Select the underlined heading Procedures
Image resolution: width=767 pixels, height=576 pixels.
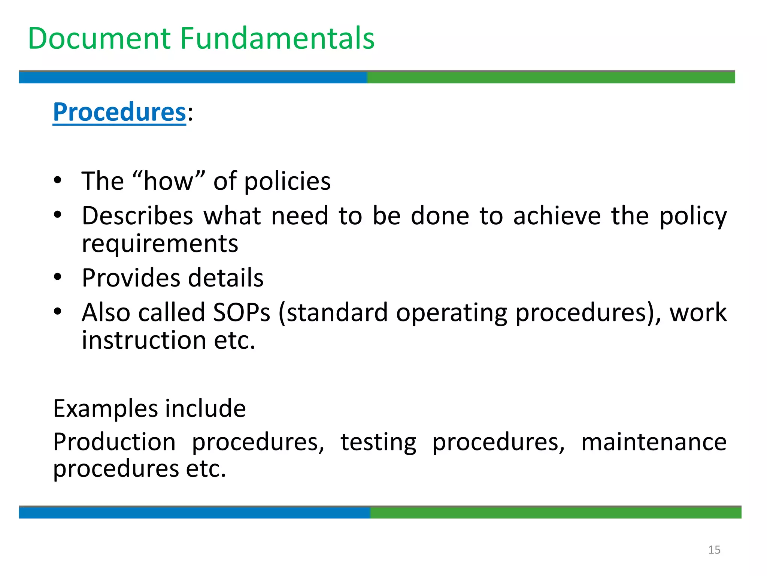[x=119, y=112]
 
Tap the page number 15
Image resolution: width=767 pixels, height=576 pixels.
[x=714, y=550]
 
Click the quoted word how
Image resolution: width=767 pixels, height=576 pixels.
[x=169, y=181]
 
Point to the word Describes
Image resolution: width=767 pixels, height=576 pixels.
[x=137, y=216]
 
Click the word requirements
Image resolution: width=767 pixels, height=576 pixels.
[x=160, y=244]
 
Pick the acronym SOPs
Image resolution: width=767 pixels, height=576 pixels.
[x=241, y=312]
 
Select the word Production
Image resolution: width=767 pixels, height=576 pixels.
[x=114, y=442]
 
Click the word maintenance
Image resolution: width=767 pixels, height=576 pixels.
[x=654, y=442]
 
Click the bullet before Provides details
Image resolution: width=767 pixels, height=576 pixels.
[x=57, y=277]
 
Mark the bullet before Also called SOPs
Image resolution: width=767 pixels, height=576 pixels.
[x=57, y=311]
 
